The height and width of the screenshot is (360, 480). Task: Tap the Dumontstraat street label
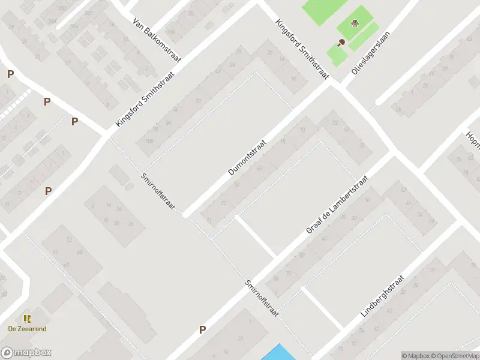[247, 154]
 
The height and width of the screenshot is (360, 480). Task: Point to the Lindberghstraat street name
[383, 296]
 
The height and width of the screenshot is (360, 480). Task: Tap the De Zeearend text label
[27, 329]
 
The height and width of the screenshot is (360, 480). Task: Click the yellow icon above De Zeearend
[27, 319]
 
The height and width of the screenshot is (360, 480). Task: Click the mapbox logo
[26, 353]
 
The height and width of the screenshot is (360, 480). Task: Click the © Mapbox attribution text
[414, 355]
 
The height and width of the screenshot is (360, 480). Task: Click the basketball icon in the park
[355, 24]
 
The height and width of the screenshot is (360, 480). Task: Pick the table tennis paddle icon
[341, 43]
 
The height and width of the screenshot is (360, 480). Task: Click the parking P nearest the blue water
[203, 329]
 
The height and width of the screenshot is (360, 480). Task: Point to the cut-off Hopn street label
[473, 143]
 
